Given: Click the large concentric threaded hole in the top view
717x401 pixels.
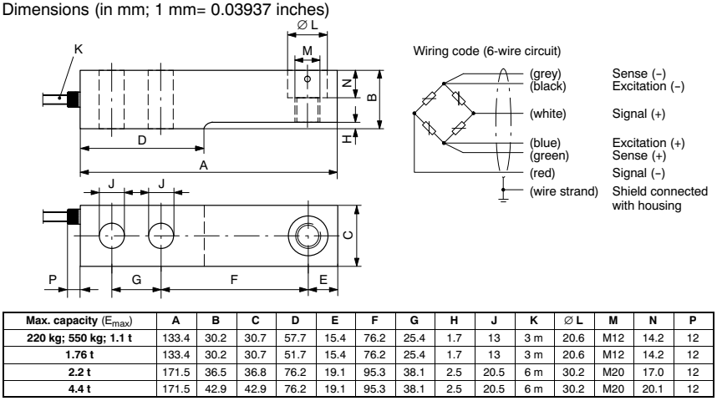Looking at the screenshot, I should coord(307,234).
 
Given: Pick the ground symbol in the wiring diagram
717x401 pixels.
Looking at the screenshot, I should coord(502,197).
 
